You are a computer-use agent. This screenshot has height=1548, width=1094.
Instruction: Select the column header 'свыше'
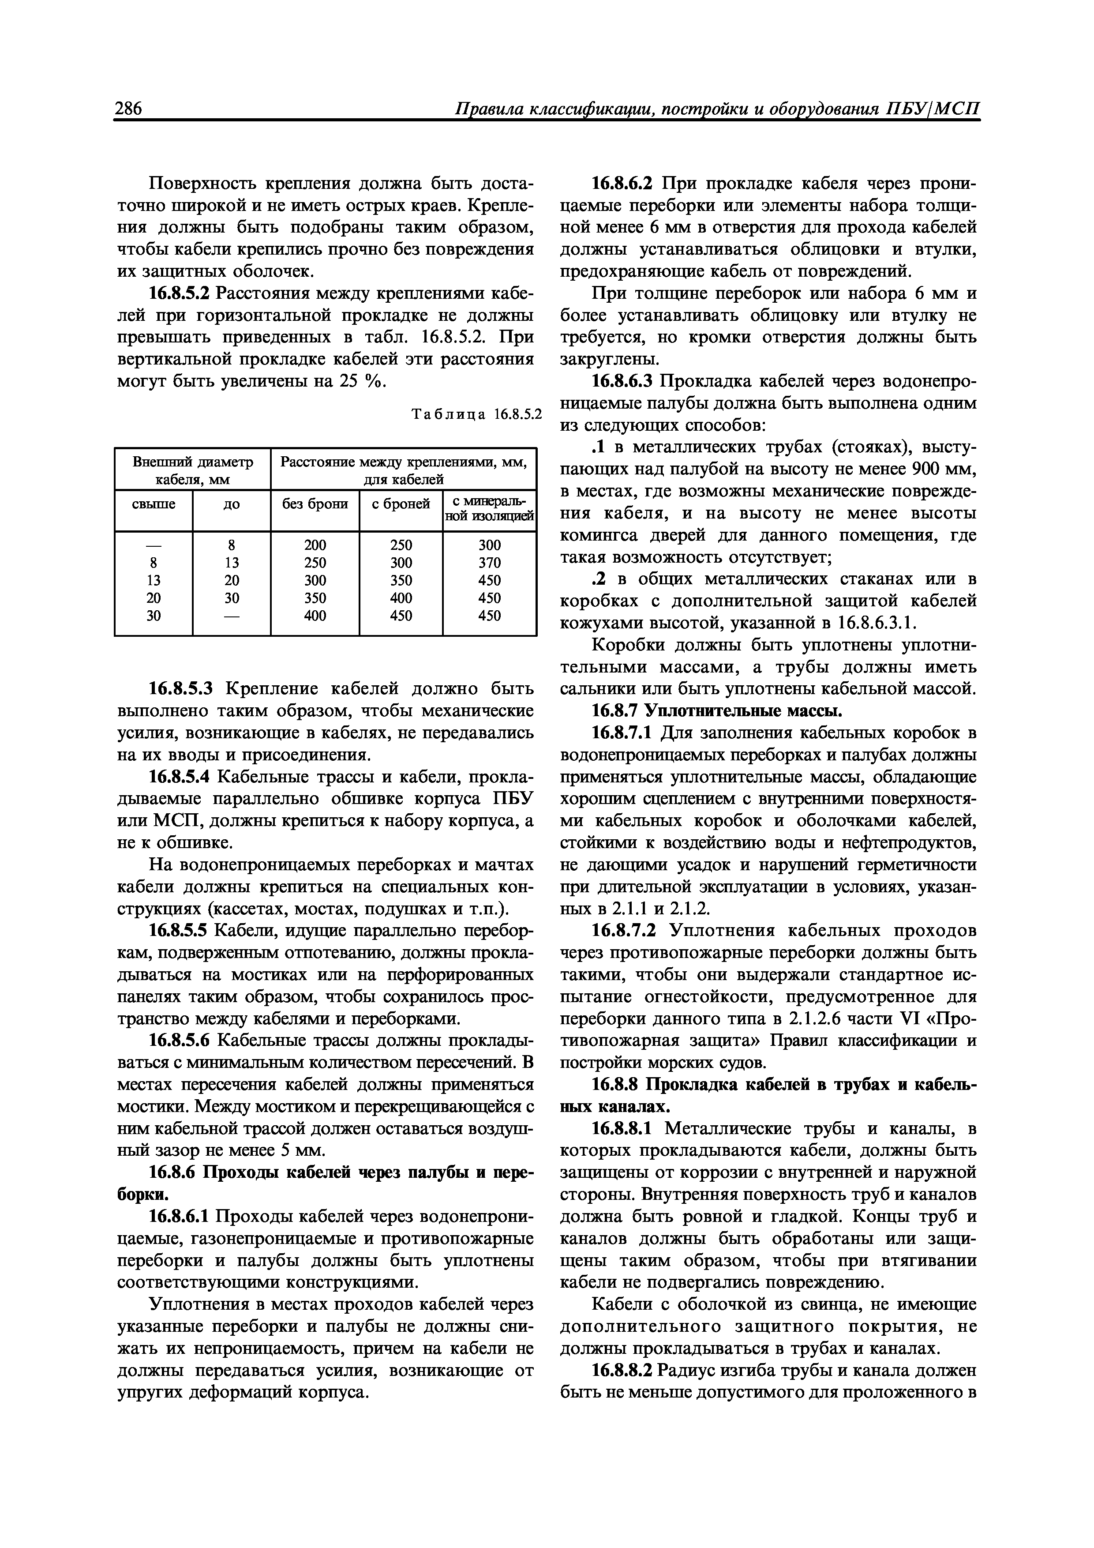(153, 503)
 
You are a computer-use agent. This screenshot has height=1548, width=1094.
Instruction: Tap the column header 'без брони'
(315, 503)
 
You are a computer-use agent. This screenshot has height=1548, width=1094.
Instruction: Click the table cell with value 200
(315, 545)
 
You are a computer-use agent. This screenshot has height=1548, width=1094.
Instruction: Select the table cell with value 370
(489, 562)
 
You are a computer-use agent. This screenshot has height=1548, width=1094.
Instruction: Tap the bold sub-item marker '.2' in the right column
(595, 579)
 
